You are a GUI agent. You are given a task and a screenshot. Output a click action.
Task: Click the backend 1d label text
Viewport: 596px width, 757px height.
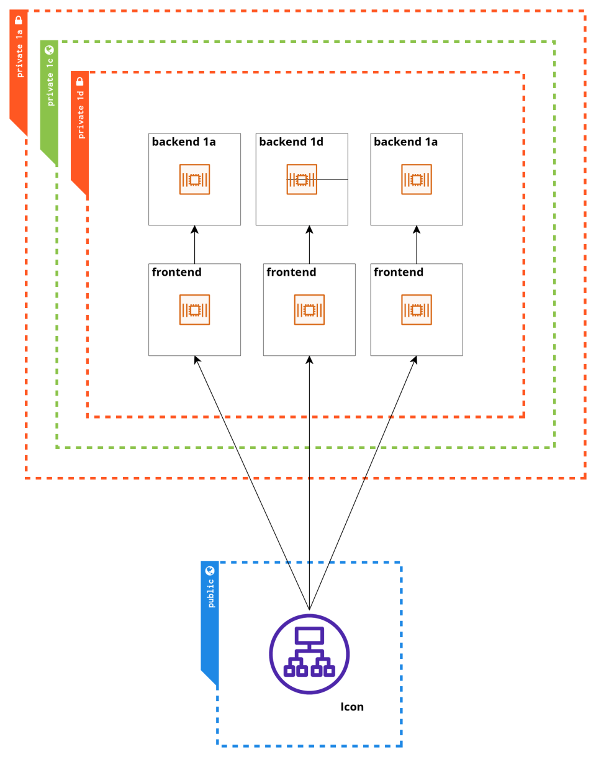point(291,142)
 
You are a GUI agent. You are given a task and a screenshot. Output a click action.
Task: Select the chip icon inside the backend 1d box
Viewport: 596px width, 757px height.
point(302,179)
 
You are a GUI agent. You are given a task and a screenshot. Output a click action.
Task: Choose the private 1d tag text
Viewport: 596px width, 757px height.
point(80,114)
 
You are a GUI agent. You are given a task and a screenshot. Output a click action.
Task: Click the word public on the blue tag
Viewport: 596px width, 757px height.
point(210,593)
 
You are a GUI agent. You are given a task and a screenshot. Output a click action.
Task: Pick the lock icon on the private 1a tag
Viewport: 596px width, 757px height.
point(19,20)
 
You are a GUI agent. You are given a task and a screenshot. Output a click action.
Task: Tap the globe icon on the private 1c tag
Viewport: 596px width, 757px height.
point(50,50)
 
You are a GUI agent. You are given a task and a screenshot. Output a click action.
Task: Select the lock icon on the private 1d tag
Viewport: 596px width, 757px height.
point(80,81)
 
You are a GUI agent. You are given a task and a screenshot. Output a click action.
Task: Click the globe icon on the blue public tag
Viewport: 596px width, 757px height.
point(210,571)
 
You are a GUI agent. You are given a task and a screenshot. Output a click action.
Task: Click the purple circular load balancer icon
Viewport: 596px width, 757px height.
point(309,654)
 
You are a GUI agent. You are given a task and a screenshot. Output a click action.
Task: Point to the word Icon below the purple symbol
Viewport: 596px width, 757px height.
point(352,707)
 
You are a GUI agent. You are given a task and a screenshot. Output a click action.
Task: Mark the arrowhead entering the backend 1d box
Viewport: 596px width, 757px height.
point(309,229)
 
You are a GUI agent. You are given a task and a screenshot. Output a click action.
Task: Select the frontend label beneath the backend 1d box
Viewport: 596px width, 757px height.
point(291,273)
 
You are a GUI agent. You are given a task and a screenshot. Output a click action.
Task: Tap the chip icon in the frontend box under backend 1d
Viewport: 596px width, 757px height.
point(309,310)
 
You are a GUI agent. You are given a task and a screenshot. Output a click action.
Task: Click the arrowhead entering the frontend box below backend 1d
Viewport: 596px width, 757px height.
point(309,360)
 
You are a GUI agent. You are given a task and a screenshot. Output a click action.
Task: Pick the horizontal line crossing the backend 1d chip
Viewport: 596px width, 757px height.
point(332,179)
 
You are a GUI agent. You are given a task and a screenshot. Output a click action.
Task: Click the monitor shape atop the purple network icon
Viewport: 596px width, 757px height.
point(309,635)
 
